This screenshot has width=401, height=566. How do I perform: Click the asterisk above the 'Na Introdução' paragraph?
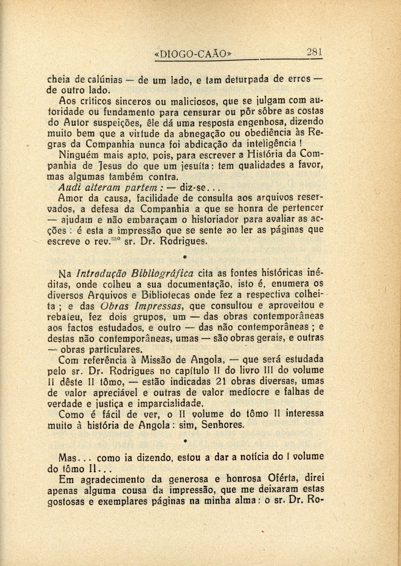[185, 256]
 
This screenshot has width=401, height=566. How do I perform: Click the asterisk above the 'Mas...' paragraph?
[185, 441]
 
